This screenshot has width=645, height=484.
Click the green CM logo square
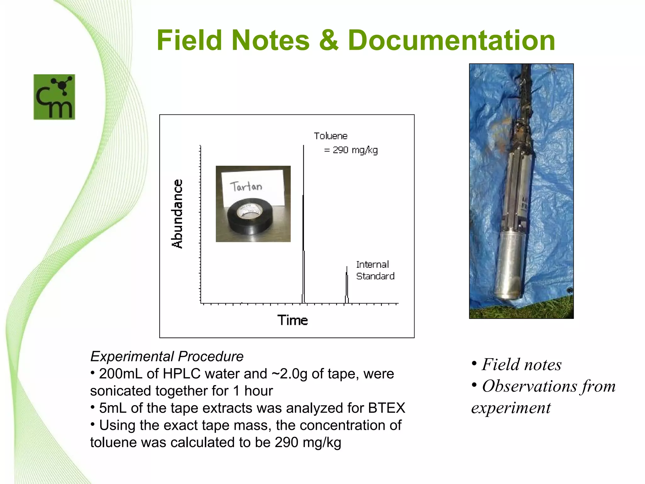click(x=54, y=97)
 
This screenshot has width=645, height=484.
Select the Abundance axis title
click(x=177, y=214)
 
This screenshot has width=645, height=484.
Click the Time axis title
click(x=292, y=320)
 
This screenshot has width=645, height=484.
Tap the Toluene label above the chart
click(x=330, y=136)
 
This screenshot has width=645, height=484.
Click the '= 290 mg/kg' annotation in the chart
click(x=351, y=150)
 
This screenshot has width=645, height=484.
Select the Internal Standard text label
click(x=375, y=270)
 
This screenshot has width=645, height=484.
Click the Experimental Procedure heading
click(x=167, y=356)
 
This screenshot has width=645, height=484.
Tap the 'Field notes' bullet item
click(x=521, y=365)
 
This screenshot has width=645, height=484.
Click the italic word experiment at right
click(x=511, y=408)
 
